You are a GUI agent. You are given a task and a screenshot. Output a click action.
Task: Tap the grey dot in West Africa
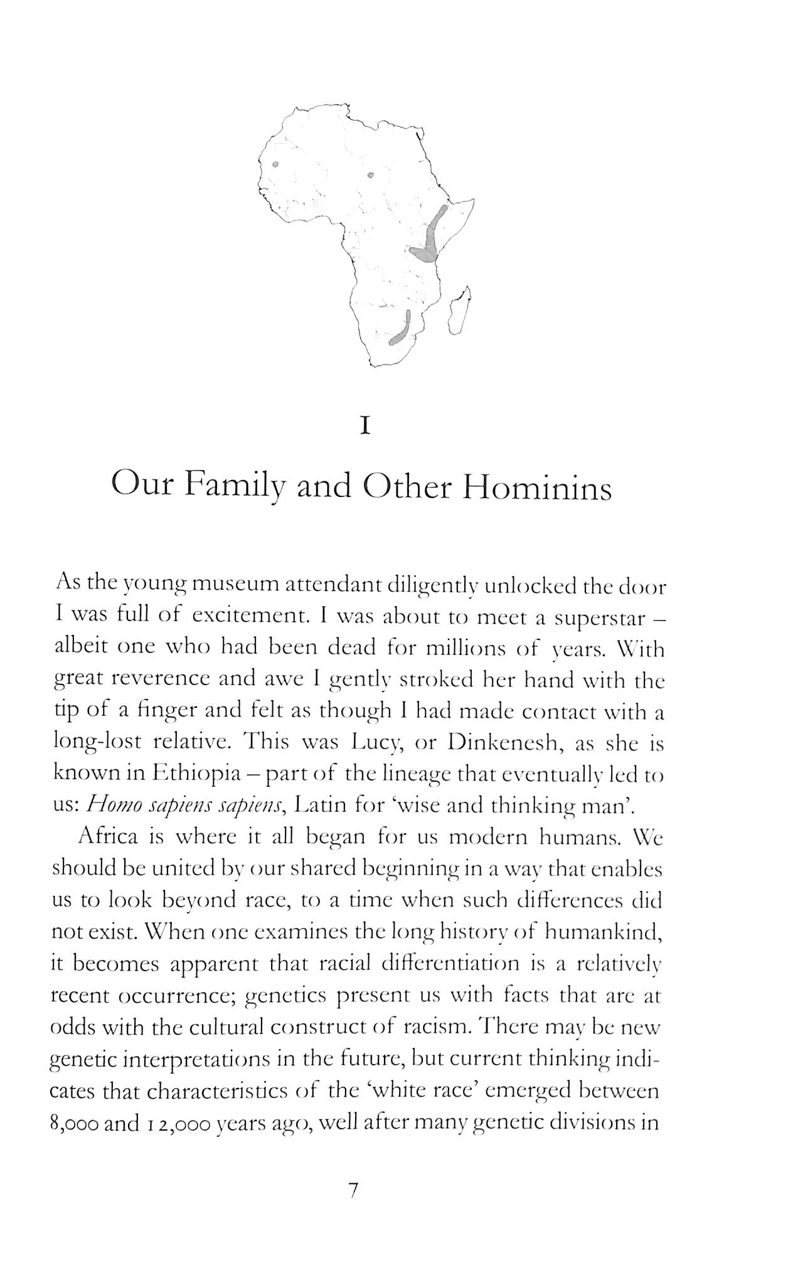[275, 166]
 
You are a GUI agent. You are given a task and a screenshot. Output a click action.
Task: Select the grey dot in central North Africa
[370, 175]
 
